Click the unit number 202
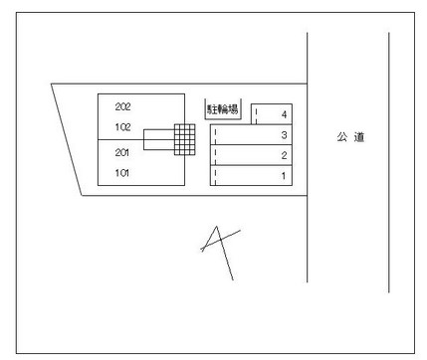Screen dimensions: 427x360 tap(122, 106)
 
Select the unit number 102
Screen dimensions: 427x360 tap(122, 127)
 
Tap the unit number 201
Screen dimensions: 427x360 tap(122, 152)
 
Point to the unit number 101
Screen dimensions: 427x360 tap(122, 173)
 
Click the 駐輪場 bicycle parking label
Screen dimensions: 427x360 tap(223, 109)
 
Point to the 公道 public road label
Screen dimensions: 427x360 tap(350, 137)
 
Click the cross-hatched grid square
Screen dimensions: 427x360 tap(185, 139)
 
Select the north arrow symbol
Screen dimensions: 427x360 tap(220, 253)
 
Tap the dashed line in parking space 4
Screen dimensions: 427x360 tap(256, 115)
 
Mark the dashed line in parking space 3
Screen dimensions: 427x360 tap(215, 136)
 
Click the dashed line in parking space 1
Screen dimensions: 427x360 tap(215, 177)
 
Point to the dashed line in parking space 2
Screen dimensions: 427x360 tap(215, 156)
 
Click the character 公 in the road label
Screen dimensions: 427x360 tap(342, 137)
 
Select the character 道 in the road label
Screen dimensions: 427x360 tap(359, 137)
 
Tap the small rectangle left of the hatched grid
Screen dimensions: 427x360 tap(159, 139)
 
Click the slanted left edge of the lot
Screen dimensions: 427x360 tap(67, 139)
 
